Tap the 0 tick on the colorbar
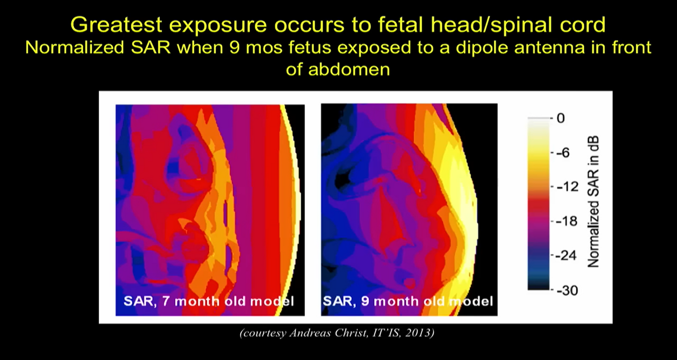pos(560,118)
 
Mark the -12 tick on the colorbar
pos(564,187)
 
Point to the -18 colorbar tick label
pos(564,221)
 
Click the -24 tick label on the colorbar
pos(565,256)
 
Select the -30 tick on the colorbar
pos(565,291)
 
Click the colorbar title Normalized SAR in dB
pos(593,202)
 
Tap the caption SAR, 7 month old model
pos(209,300)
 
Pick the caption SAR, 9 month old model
pos(408,300)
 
